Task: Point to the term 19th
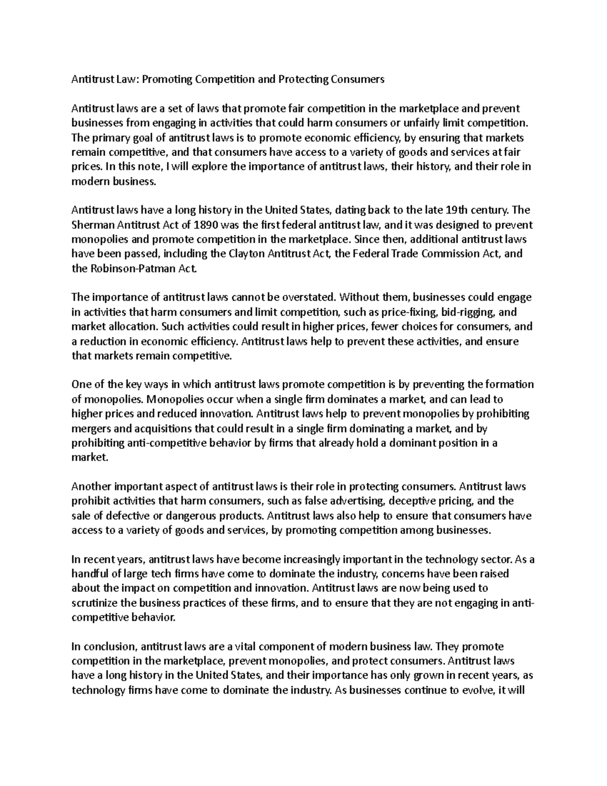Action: [456, 210]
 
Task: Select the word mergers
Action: [89, 429]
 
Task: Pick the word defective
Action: [114, 516]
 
